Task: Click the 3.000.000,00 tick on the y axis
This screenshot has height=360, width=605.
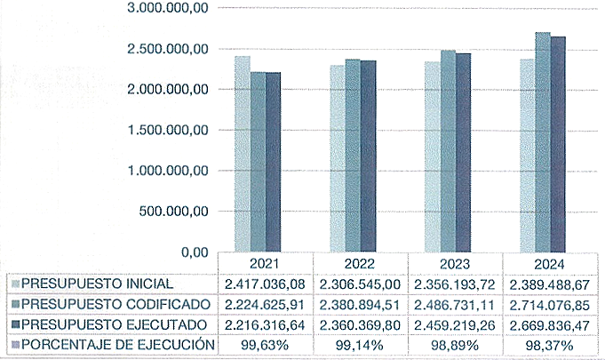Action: click(x=167, y=8)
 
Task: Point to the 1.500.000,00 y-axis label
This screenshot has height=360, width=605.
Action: click(x=167, y=130)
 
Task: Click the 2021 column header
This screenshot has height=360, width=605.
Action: click(x=264, y=265)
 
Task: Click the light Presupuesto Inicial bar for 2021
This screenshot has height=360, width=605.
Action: click(x=242, y=155)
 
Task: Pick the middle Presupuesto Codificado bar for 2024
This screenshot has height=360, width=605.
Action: click(x=543, y=142)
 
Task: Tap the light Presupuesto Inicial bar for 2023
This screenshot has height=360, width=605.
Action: click(x=432, y=157)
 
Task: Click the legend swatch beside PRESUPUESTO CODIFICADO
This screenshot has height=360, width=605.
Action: click(x=14, y=304)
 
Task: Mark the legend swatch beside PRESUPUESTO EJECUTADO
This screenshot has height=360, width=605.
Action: click(x=14, y=324)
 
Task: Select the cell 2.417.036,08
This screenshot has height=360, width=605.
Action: click(x=264, y=284)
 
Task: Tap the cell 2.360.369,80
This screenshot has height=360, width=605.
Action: click(x=360, y=324)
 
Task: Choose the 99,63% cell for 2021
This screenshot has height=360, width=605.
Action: click(x=264, y=343)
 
